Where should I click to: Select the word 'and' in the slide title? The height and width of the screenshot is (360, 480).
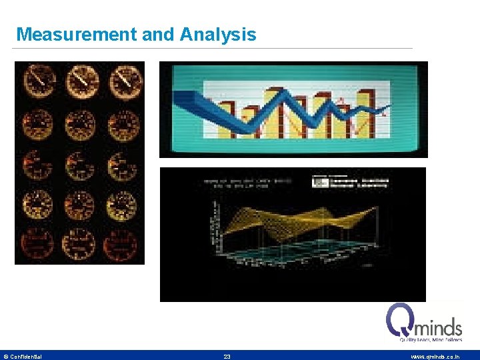pos(157,35)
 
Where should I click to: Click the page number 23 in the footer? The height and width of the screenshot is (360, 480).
pos(227,357)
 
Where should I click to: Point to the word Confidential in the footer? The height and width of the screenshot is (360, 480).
pos(26,357)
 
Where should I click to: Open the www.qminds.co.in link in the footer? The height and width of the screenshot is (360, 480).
pos(435,357)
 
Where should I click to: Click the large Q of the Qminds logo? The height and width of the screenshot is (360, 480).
pos(401,321)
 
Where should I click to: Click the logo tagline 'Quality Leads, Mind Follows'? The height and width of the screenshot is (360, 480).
pos(431,339)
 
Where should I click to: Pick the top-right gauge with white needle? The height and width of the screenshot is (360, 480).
pos(124,81)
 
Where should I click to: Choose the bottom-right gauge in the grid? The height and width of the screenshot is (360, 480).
pos(124,244)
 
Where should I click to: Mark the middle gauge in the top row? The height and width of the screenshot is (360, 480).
pos(81,81)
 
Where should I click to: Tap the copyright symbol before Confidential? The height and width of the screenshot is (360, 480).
pos(6,357)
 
